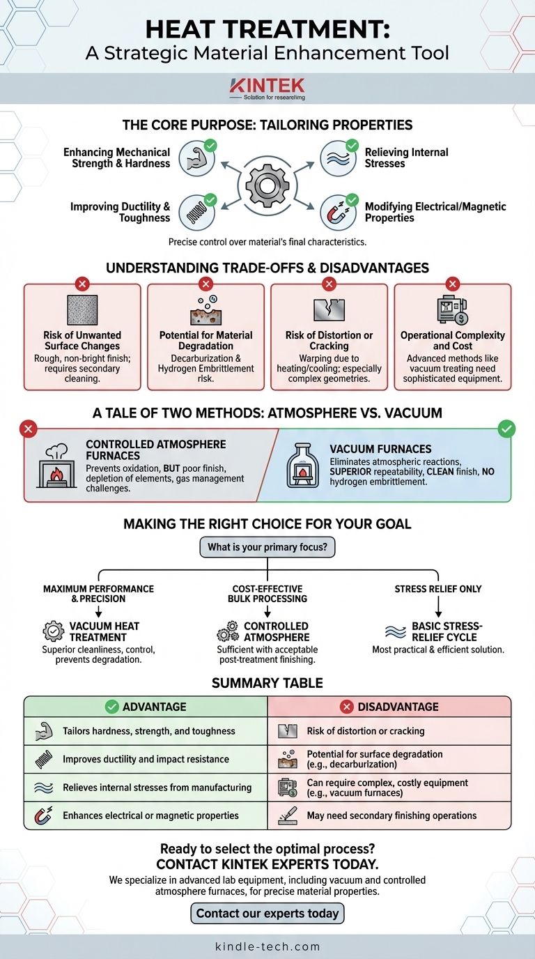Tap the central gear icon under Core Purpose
[267, 185]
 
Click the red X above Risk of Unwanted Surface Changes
[82, 284]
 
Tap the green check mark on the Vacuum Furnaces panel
[506, 430]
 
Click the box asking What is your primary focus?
[267, 547]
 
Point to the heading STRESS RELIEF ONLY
[437, 589]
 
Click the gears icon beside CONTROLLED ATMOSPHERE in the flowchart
[227, 632]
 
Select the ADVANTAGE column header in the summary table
[146, 707]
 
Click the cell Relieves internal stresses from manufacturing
[157, 787]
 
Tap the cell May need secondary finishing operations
[391, 815]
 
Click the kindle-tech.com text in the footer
[267, 946]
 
